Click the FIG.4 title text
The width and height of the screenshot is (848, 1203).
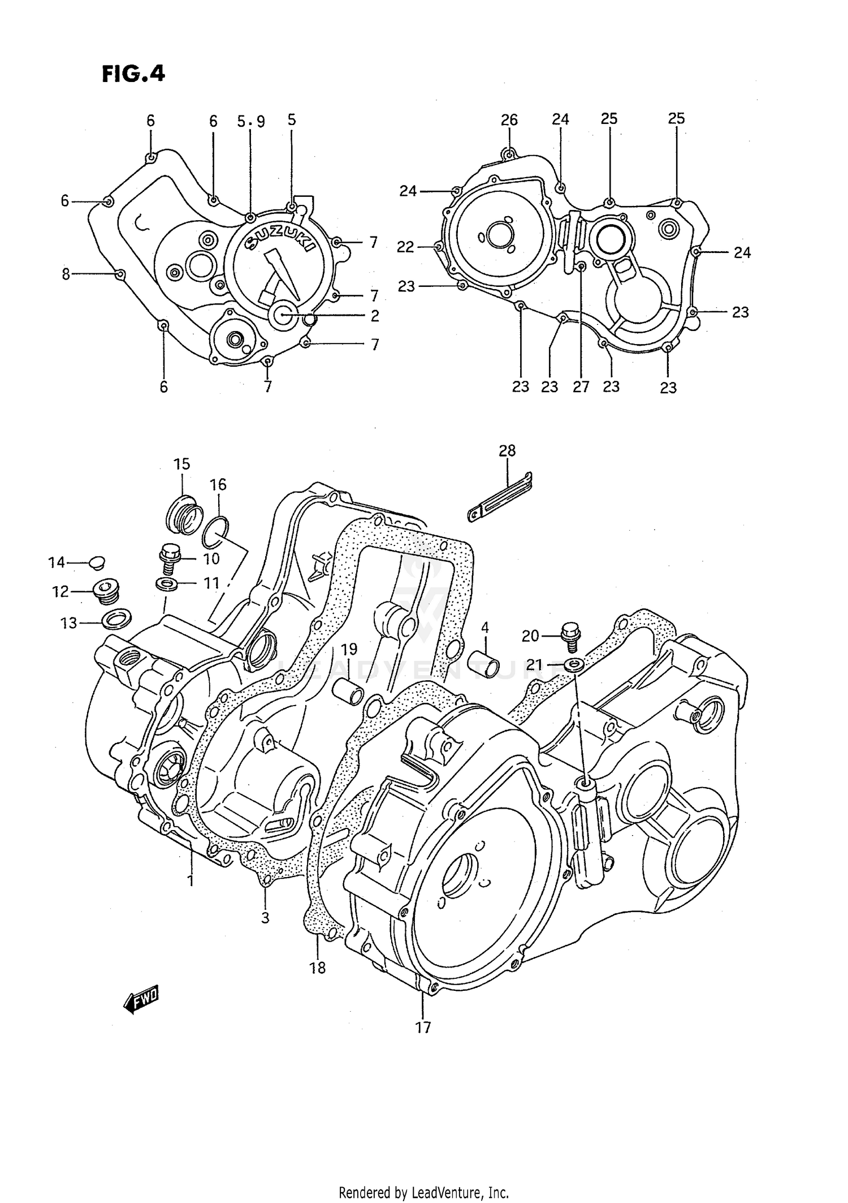[133, 74]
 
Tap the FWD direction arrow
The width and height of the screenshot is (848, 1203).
[141, 1000]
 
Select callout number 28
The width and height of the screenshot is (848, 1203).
[507, 450]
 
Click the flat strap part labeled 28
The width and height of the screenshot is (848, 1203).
[500, 496]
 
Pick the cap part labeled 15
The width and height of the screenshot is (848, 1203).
[184, 514]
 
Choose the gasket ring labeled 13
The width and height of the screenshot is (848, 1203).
[116, 620]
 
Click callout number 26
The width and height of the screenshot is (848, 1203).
[509, 120]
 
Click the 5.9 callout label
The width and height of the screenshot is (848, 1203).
[250, 121]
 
